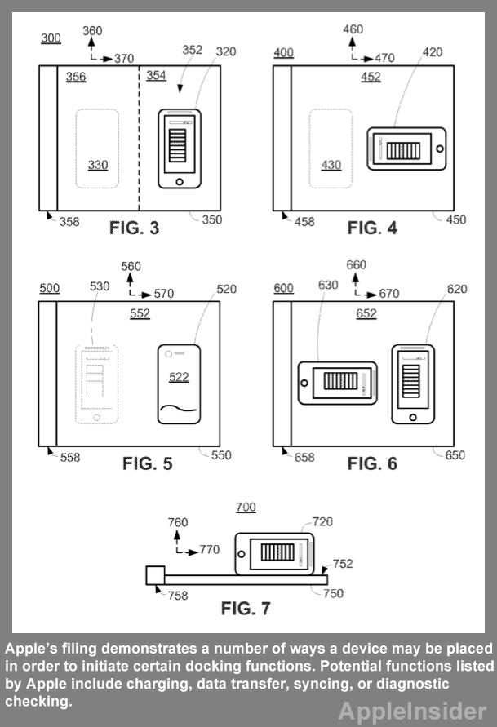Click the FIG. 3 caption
[x=134, y=228]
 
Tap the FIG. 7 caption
[x=246, y=609]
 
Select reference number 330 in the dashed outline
[x=98, y=165]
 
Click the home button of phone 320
[x=180, y=182]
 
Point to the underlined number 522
[x=179, y=377]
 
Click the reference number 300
[x=51, y=38]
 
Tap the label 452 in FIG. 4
[x=371, y=77]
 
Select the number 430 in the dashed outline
[x=331, y=165]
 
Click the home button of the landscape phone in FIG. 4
[x=440, y=149]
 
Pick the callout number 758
[x=178, y=596]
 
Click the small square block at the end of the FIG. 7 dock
[x=155, y=575]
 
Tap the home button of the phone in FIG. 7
[x=241, y=554]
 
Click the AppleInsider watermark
[x=412, y=711]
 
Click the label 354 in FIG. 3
[x=156, y=75]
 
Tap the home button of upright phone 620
[x=413, y=417]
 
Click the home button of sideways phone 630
[x=304, y=383]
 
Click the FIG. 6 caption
[x=372, y=463]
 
